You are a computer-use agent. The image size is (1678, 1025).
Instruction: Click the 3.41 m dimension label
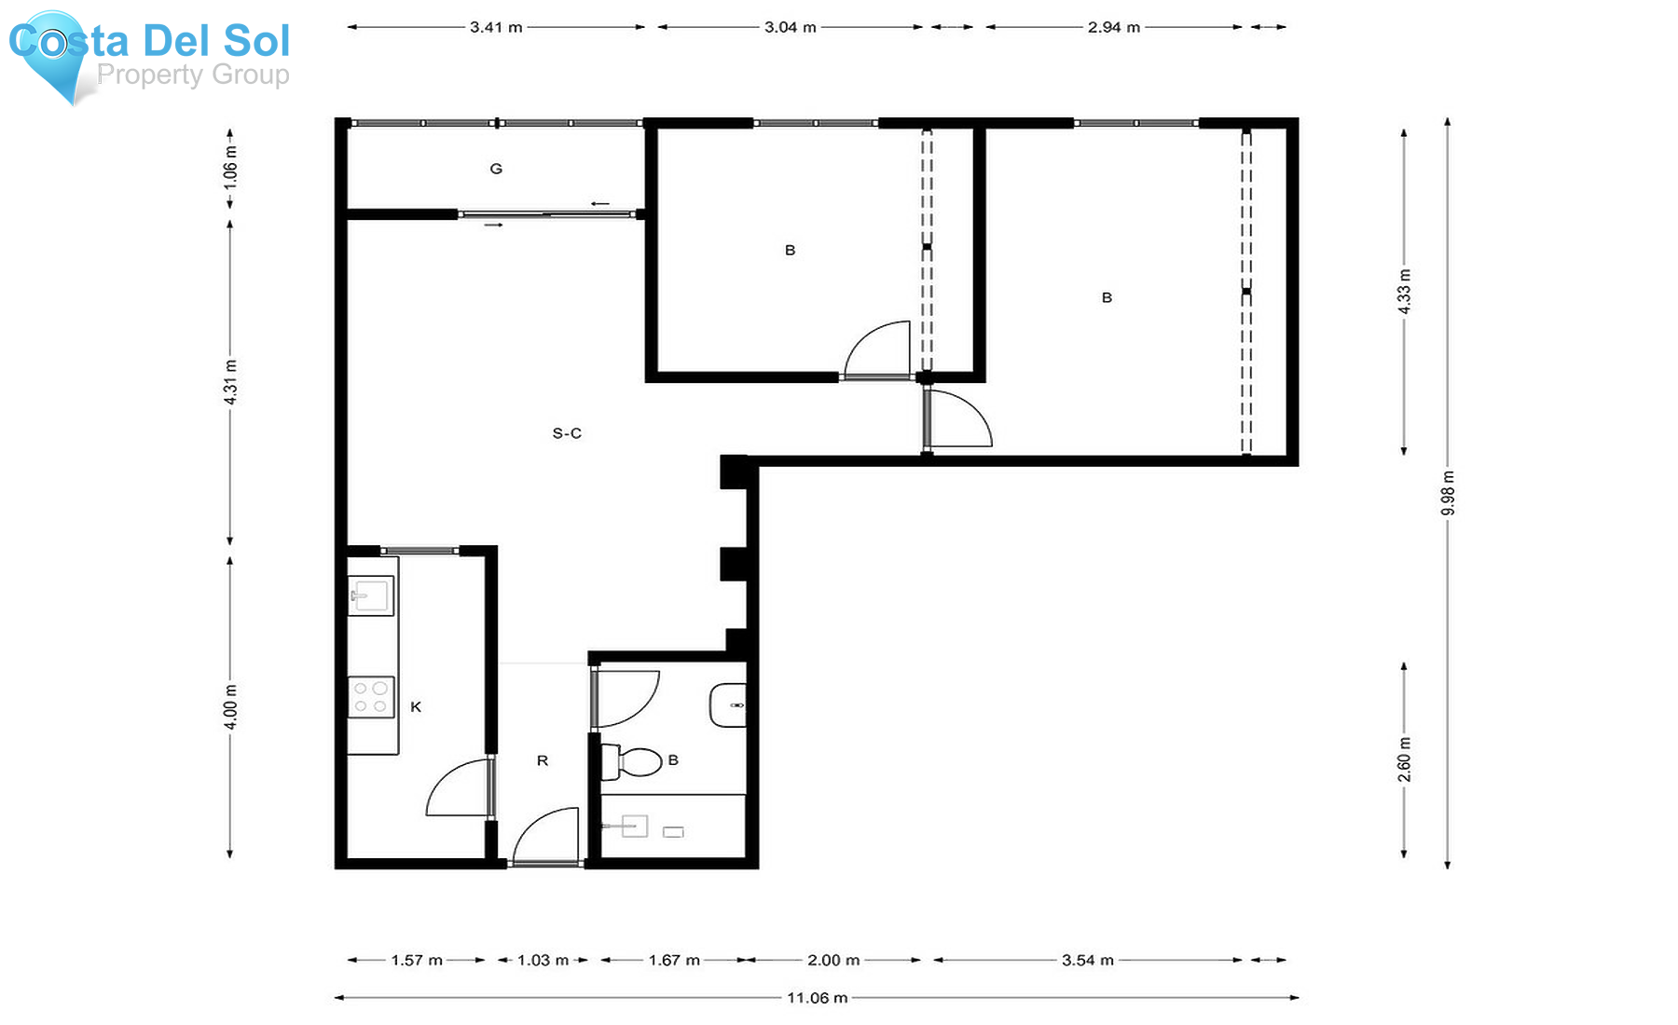(496, 27)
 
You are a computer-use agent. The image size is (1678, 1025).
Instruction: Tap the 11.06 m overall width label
(817, 998)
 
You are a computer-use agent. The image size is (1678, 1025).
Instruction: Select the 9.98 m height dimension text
(1448, 493)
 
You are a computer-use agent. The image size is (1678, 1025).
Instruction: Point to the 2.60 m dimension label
(1405, 759)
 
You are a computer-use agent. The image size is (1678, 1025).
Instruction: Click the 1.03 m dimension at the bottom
(543, 960)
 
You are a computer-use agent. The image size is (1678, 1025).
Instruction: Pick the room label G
(496, 169)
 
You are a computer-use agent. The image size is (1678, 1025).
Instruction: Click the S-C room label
(567, 433)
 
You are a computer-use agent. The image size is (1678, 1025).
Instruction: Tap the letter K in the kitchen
(416, 707)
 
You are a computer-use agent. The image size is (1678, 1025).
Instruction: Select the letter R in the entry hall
(543, 761)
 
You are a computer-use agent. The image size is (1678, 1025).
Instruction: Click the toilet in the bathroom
(634, 761)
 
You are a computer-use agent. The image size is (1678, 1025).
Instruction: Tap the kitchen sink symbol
(370, 594)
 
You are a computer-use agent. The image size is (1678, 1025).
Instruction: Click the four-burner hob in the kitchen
(370, 697)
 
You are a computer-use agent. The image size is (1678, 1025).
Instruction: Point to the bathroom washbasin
(728, 705)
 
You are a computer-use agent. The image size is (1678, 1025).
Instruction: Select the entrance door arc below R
(545, 834)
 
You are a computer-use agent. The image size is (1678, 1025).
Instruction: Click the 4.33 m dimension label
(1405, 291)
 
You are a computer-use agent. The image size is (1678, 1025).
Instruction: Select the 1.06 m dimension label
(231, 168)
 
